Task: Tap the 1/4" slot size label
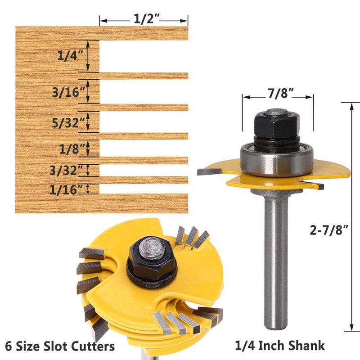pyautogui.click(x=70, y=56)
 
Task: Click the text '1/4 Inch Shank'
pyautogui.click(x=280, y=346)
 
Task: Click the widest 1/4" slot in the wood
pyautogui.click(x=143, y=56)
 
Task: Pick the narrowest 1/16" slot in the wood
pyautogui.click(x=143, y=189)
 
